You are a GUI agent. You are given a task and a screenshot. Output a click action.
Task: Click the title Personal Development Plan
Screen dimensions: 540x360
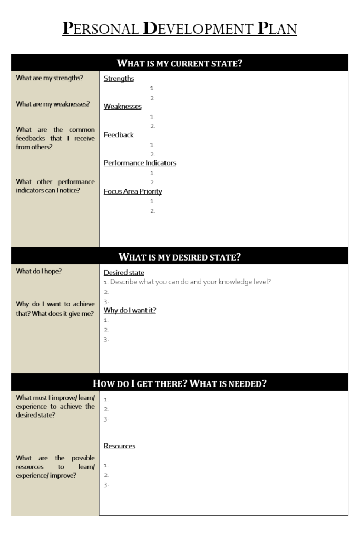180,28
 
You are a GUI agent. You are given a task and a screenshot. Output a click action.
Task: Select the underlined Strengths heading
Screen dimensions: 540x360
119,79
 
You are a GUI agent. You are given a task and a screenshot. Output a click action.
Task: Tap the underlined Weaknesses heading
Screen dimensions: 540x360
122,107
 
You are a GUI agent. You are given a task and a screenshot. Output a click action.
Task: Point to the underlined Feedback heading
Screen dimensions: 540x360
119,135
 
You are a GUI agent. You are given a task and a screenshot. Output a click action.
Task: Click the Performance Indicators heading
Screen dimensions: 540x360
140,163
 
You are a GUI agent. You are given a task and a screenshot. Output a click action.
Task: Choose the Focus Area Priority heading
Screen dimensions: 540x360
133,191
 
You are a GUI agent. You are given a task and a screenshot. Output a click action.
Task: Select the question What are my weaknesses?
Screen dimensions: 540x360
53,104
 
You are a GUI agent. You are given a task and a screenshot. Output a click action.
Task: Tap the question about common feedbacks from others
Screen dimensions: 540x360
55,138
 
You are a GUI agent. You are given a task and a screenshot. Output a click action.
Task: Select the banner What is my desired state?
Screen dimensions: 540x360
180,257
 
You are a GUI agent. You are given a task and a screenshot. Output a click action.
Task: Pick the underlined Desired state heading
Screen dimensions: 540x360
124,273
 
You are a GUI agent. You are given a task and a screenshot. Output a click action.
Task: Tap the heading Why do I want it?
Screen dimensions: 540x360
130,310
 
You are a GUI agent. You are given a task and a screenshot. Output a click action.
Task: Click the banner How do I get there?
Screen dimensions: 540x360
180,383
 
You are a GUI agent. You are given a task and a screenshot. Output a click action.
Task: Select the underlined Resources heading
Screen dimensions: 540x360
119,446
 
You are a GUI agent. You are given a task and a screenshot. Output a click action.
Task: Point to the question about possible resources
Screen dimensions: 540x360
55,467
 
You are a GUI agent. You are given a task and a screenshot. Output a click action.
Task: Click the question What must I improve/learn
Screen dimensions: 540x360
55,406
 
